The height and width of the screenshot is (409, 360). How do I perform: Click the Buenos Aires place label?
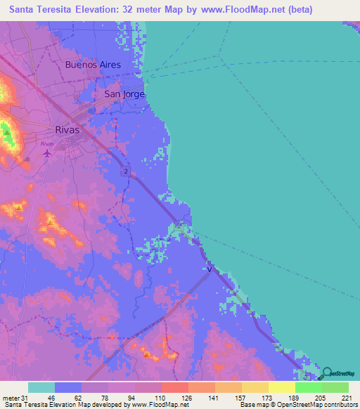coord(93,65)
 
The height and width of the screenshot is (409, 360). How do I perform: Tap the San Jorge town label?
coord(124,93)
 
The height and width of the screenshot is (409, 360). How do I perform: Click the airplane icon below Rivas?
coord(47,152)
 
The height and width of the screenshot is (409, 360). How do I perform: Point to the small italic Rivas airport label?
coord(47,143)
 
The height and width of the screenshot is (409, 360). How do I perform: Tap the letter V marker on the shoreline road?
coord(209,268)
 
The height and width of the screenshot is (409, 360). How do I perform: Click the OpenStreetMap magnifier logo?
coord(327,372)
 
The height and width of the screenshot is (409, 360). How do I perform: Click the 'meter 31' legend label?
coord(14,398)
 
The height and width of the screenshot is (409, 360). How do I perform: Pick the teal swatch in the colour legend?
coord(41,387)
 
